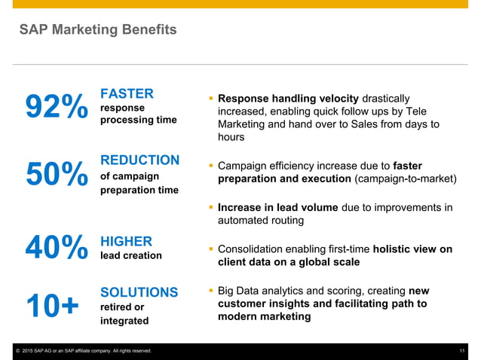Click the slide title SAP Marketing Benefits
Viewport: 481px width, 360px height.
[98, 30]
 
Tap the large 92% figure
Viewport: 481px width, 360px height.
[57, 108]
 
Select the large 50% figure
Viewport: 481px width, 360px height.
[57, 175]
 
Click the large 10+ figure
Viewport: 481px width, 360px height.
[52, 307]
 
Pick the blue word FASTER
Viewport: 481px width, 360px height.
[127, 94]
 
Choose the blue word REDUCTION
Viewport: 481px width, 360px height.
[139, 160]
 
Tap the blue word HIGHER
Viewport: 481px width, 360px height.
[126, 241]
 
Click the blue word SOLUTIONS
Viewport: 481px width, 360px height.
[139, 292]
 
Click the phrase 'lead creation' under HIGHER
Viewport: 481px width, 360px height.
[130, 256]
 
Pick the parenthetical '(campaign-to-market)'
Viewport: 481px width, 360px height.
[406, 179]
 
